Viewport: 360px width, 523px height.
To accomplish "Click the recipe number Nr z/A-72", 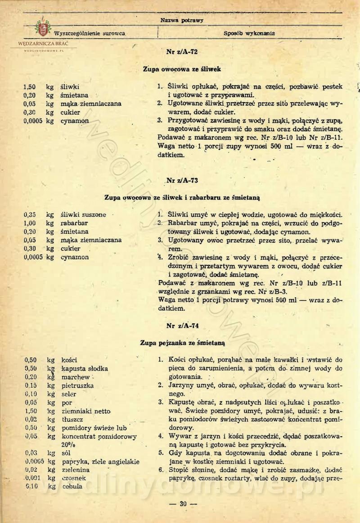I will point(182,52).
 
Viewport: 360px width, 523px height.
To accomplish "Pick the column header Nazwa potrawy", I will point(182,21).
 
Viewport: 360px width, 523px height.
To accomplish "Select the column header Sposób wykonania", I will point(249,33).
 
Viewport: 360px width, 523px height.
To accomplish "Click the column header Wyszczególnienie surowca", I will point(89,34).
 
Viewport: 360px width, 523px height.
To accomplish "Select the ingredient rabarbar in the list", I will point(74,223).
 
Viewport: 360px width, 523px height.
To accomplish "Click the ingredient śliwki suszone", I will point(83,215).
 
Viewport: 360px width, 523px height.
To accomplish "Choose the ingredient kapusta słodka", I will point(84,369).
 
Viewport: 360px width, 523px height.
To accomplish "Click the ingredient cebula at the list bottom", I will point(72,486).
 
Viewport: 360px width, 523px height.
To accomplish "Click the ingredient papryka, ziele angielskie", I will point(100,461).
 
